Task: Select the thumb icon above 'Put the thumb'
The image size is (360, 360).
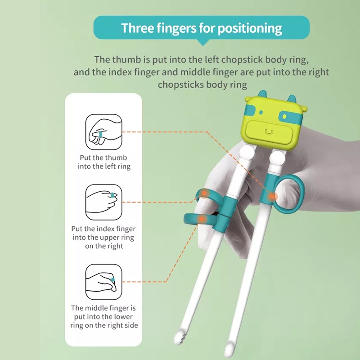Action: pyautogui.click(x=104, y=132)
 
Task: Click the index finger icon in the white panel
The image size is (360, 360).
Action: pyautogui.click(x=104, y=202)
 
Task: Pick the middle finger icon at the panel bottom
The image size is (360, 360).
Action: pyautogui.click(x=104, y=282)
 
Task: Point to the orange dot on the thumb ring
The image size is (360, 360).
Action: pyautogui.click(x=272, y=196)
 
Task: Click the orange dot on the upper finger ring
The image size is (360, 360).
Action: pyautogui.click(x=204, y=193)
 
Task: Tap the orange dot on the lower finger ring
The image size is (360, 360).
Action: pyautogui.click(x=201, y=219)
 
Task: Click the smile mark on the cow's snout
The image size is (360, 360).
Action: pyautogui.click(x=269, y=132)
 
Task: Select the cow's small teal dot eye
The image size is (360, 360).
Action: pyautogui.click(x=261, y=112)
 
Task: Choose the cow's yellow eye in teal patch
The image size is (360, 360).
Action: pyautogui.click(x=284, y=117)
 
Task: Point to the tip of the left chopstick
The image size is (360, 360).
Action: pyautogui.click(x=178, y=337)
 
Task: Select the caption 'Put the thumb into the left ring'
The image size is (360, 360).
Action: pyautogui.click(x=104, y=162)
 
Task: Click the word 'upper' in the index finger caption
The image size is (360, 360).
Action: pyautogui.click(x=111, y=238)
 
